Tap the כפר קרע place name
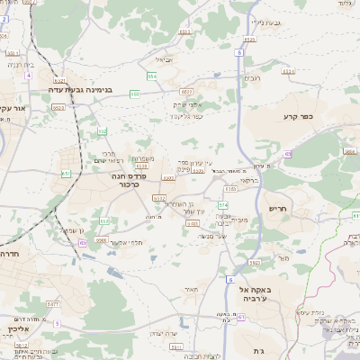click(302, 116)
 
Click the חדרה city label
click(12, 255)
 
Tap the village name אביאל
click(163, 59)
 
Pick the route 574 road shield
click(221, 205)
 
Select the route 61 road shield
click(241, 318)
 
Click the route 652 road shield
click(103, 130)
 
